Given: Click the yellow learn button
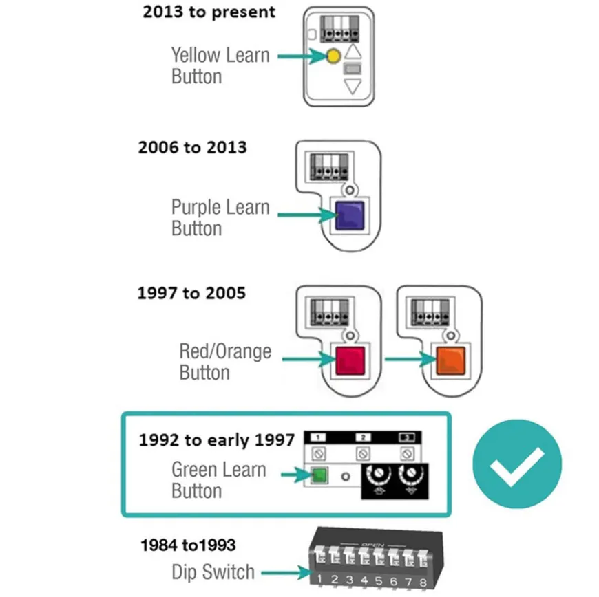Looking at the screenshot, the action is (333, 56).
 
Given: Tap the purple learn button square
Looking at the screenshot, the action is (350, 216).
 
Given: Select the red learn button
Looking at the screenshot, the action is (350, 360).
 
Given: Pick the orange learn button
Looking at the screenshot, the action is (451, 360).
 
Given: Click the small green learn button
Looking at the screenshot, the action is (319, 476).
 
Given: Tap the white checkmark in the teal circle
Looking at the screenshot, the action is (517, 466).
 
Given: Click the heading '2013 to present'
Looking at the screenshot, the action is (209, 12).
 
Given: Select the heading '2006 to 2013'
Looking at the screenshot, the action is (193, 147).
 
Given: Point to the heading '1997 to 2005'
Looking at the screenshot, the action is (191, 293).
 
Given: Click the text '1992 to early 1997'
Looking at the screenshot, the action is (217, 440).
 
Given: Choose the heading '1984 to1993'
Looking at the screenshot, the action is (188, 545).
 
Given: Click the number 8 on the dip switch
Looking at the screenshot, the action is (423, 583).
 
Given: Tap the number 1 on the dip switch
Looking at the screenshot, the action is (319, 579).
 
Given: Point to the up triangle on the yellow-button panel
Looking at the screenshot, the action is (353, 51).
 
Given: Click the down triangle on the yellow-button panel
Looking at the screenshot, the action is (353, 86).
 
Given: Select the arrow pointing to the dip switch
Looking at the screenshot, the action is (287, 572).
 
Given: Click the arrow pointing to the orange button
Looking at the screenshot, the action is (410, 359).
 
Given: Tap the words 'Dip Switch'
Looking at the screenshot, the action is (213, 572).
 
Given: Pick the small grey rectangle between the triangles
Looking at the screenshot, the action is (353, 69).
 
